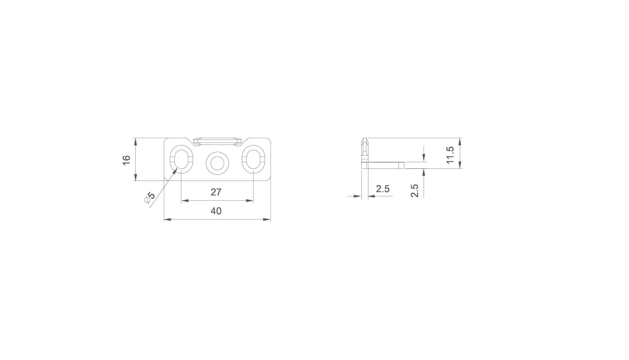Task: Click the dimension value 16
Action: [127, 160]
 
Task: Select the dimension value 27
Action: [216, 192]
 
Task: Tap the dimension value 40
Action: [216, 211]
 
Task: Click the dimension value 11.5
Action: [450, 155]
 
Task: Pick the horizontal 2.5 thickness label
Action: [383, 189]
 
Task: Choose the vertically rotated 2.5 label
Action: [415, 191]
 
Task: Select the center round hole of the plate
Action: [217, 163]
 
